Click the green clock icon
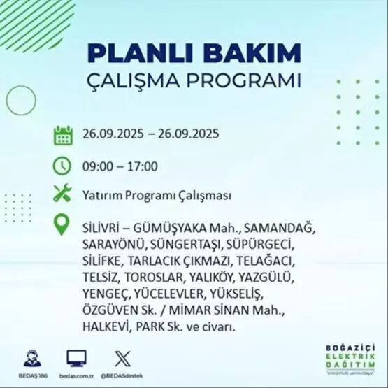click(x=63, y=166)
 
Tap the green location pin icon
click(x=63, y=224)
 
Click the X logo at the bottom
click(x=122, y=357)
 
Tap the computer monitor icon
click(x=76, y=358)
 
